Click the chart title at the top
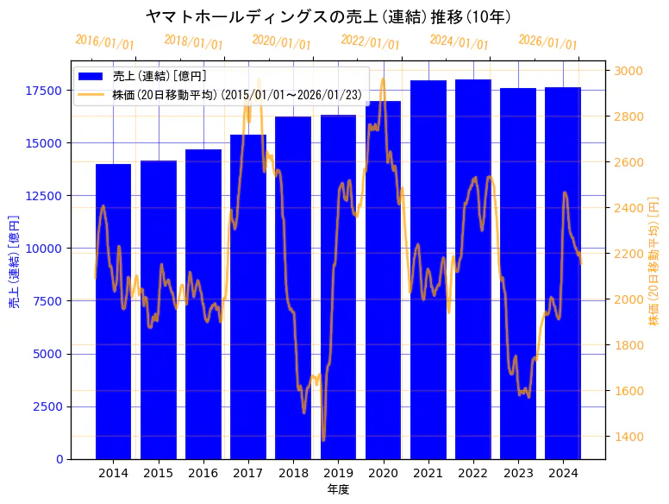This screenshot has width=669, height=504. point(328,16)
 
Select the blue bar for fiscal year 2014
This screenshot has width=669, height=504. point(113,311)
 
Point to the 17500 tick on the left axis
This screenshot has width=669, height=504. point(44,91)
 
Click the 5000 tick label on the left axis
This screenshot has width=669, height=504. point(47,354)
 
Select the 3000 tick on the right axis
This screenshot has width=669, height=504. point(628,71)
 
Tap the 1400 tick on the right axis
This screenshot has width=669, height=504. point(628,437)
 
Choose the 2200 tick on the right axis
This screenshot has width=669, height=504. point(628,254)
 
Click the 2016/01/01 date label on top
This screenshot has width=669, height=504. point(105,42)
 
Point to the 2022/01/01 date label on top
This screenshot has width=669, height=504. point(371,42)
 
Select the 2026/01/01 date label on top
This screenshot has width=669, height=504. point(548,42)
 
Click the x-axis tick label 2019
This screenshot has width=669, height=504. point(338,473)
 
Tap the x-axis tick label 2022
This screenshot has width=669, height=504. point(473,473)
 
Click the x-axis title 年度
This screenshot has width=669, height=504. point(338,489)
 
